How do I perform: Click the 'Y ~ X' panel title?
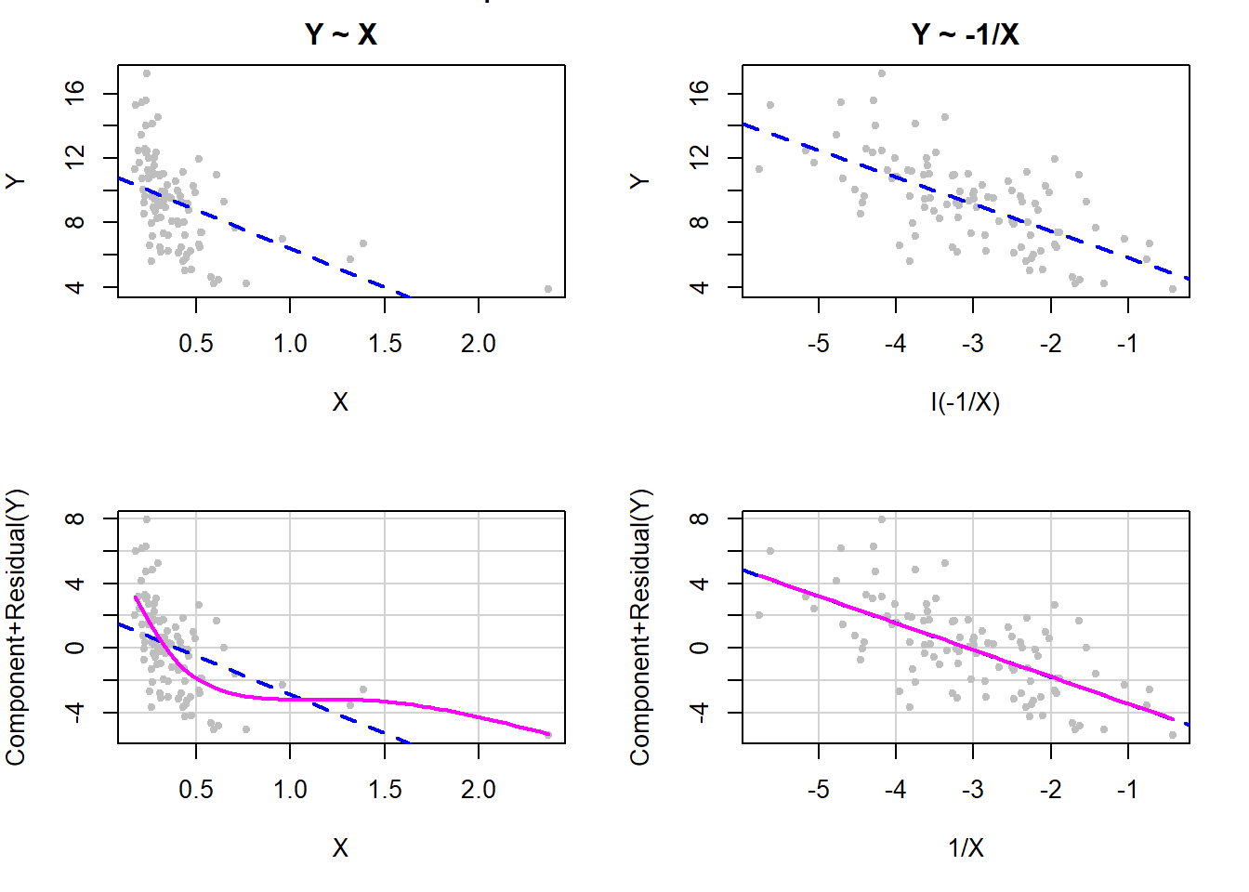point(340,34)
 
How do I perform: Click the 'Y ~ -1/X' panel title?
point(965,34)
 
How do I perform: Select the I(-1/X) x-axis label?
point(965,401)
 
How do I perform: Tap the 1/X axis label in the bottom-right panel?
point(965,847)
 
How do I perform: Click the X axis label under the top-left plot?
point(340,401)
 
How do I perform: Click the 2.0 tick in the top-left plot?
point(478,344)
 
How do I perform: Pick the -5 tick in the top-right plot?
point(818,344)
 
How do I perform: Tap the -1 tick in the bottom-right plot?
point(1126,790)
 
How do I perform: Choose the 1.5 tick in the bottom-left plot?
point(384,790)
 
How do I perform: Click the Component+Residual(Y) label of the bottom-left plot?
point(16,627)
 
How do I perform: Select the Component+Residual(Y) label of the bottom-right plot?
point(640,627)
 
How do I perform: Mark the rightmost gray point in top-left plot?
point(548,289)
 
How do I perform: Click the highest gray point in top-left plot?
point(146,73)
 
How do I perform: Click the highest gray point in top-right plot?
point(881,73)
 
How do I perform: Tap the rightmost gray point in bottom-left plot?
point(548,735)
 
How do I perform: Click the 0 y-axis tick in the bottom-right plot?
point(699,648)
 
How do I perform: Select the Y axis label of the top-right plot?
point(640,180)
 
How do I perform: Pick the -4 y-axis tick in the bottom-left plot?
point(74,712)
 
